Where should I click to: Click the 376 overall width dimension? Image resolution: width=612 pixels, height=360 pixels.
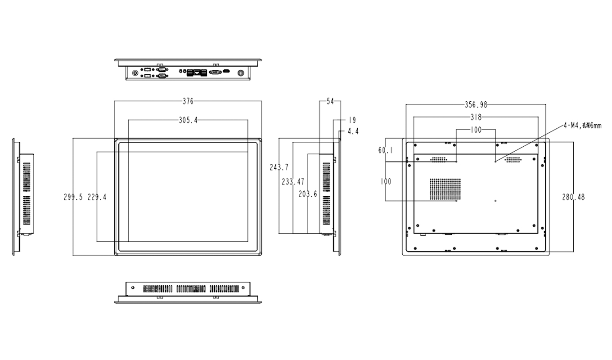(188, 101)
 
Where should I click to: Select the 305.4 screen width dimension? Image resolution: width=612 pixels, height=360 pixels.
(188, 120)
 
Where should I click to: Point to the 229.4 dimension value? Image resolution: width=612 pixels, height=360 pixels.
(97, 197)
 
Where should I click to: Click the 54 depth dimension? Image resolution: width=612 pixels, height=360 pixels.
(330, 102)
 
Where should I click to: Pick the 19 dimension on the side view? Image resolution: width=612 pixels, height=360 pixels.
(352, 120)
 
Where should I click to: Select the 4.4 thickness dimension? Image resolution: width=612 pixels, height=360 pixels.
(353, 131)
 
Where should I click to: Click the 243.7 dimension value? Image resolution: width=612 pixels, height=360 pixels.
(279, 167)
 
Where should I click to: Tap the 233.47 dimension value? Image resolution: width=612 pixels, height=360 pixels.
(293, 182)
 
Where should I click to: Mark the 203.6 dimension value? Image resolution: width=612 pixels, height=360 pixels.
(308, 194)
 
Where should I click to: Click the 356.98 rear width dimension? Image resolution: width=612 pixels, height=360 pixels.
(476, 105)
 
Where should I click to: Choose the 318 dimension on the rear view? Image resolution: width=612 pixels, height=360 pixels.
(476, 117)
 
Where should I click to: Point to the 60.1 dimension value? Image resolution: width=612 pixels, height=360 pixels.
(385, 150)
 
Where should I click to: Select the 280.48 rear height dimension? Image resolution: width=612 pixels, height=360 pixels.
(573, 197)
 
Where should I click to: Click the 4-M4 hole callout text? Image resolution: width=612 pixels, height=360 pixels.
(582, 126)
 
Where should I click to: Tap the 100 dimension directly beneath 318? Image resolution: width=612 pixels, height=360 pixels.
(476, 130)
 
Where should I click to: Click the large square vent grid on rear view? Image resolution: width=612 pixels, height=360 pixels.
(445, 189)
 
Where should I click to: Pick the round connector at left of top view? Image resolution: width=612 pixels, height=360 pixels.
(135, 72)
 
